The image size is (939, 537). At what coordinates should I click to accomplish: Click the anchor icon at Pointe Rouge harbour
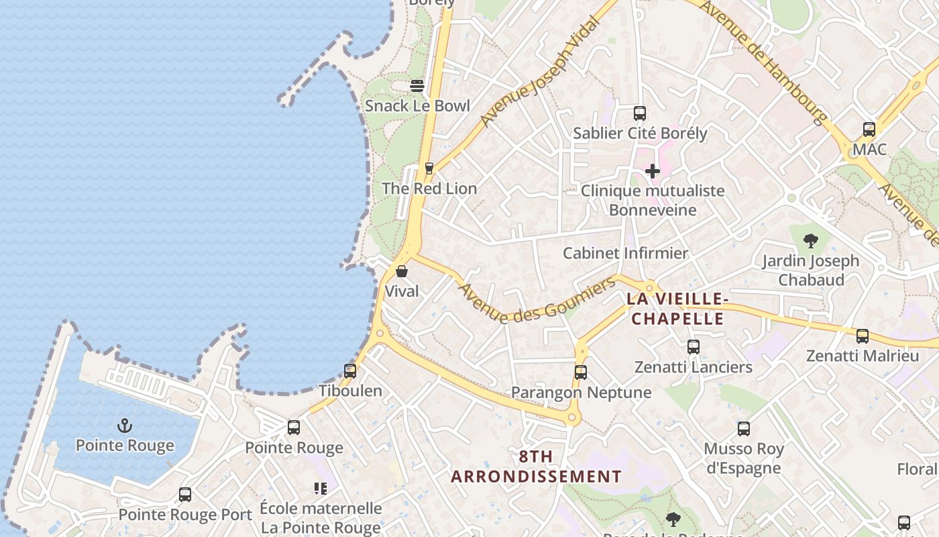click(x=124, y=426)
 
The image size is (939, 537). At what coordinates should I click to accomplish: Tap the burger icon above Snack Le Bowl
click(x=417, y=86)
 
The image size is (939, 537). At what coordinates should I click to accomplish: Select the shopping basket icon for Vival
click(x=402, y=271)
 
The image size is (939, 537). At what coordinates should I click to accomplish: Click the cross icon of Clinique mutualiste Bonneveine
click(x=652, y=171)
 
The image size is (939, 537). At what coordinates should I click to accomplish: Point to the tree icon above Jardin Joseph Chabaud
click(x=810, y=241)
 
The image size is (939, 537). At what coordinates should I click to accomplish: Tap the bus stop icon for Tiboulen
click(x=350, y=371)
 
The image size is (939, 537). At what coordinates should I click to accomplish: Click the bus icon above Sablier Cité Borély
click(x=640, y=113)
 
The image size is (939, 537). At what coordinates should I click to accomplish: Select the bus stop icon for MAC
click(x=869, y=130)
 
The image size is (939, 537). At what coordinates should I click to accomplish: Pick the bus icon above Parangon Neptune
click(x=581, y=372)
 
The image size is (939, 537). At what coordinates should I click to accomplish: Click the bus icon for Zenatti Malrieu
click(x=863, y=336)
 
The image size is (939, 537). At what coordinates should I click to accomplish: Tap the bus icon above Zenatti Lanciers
click(x=694, y=347)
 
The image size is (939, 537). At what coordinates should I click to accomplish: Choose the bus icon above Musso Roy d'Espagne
click(x=743, y=428)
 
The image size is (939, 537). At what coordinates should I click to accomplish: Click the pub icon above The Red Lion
click(x=429, y=168)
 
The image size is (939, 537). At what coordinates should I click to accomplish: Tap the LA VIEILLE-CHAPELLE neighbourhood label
click(x=677, y=309)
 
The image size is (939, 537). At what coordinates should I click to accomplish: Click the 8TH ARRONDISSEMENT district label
click(x=536, y=467)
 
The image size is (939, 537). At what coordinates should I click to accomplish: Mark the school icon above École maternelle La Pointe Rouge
click(x=321, y=489)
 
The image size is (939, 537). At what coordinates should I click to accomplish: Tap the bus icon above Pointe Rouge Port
click(x=185, y=495)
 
